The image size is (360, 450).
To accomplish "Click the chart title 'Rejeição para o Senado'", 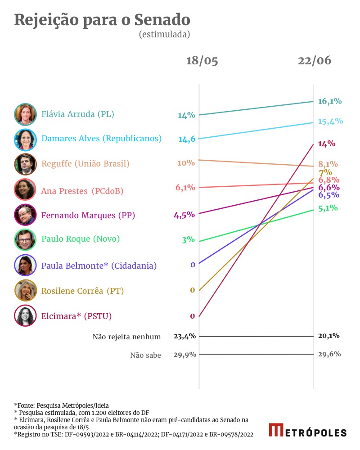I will coord(102,20).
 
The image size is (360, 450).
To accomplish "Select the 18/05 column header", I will coord(202,61).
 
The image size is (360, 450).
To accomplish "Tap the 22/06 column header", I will coord(314,61).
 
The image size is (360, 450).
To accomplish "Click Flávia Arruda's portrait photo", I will coord(25,114).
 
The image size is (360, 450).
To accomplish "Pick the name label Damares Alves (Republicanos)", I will coord(101,139).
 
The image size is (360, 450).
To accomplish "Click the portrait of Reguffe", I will coord(25,164).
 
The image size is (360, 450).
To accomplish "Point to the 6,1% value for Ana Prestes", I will coord(185,188).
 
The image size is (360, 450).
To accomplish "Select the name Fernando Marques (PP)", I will coord(88,216).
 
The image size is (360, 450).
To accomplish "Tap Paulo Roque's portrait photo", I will coord(25,239).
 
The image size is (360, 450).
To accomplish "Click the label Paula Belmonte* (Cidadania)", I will coord(99,266).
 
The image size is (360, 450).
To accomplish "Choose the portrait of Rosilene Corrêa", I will coord(25,291).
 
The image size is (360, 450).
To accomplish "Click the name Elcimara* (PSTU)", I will coord(76,316).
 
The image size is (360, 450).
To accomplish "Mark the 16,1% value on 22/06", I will coord(330,101).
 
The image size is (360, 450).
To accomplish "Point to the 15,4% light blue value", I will coord(330,121).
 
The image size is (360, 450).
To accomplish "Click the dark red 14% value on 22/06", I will coord(327,144).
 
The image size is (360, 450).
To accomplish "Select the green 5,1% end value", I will coord(328,208).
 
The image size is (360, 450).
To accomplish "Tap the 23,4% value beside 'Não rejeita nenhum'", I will coord(184,336).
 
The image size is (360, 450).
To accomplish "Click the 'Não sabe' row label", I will coord(145,355).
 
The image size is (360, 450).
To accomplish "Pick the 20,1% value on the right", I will coord(329,336).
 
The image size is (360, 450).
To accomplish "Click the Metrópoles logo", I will coord(308,431).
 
